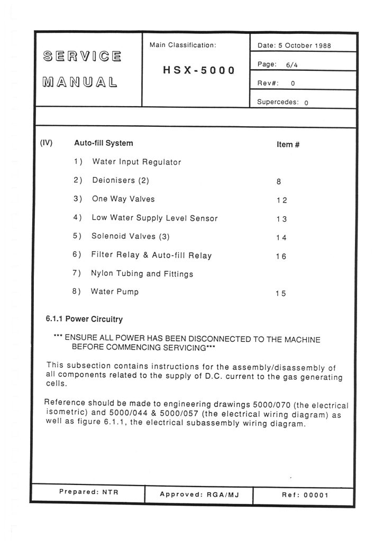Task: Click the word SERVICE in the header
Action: (82, 57)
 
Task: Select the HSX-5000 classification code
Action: (199, 71)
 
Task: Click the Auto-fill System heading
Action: (104, 143)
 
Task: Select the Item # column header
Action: (288, 144)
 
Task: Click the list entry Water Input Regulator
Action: (136, 162)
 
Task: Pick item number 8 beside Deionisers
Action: (278, 181)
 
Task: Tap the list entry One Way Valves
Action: (123, 199)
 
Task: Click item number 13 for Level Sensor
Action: (281, 219)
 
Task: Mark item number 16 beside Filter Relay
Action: (281, 256)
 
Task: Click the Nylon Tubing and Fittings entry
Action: (142, 274)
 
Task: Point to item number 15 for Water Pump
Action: (280, 294)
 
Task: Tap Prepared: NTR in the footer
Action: (88, 492)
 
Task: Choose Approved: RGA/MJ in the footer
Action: (199, 495)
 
